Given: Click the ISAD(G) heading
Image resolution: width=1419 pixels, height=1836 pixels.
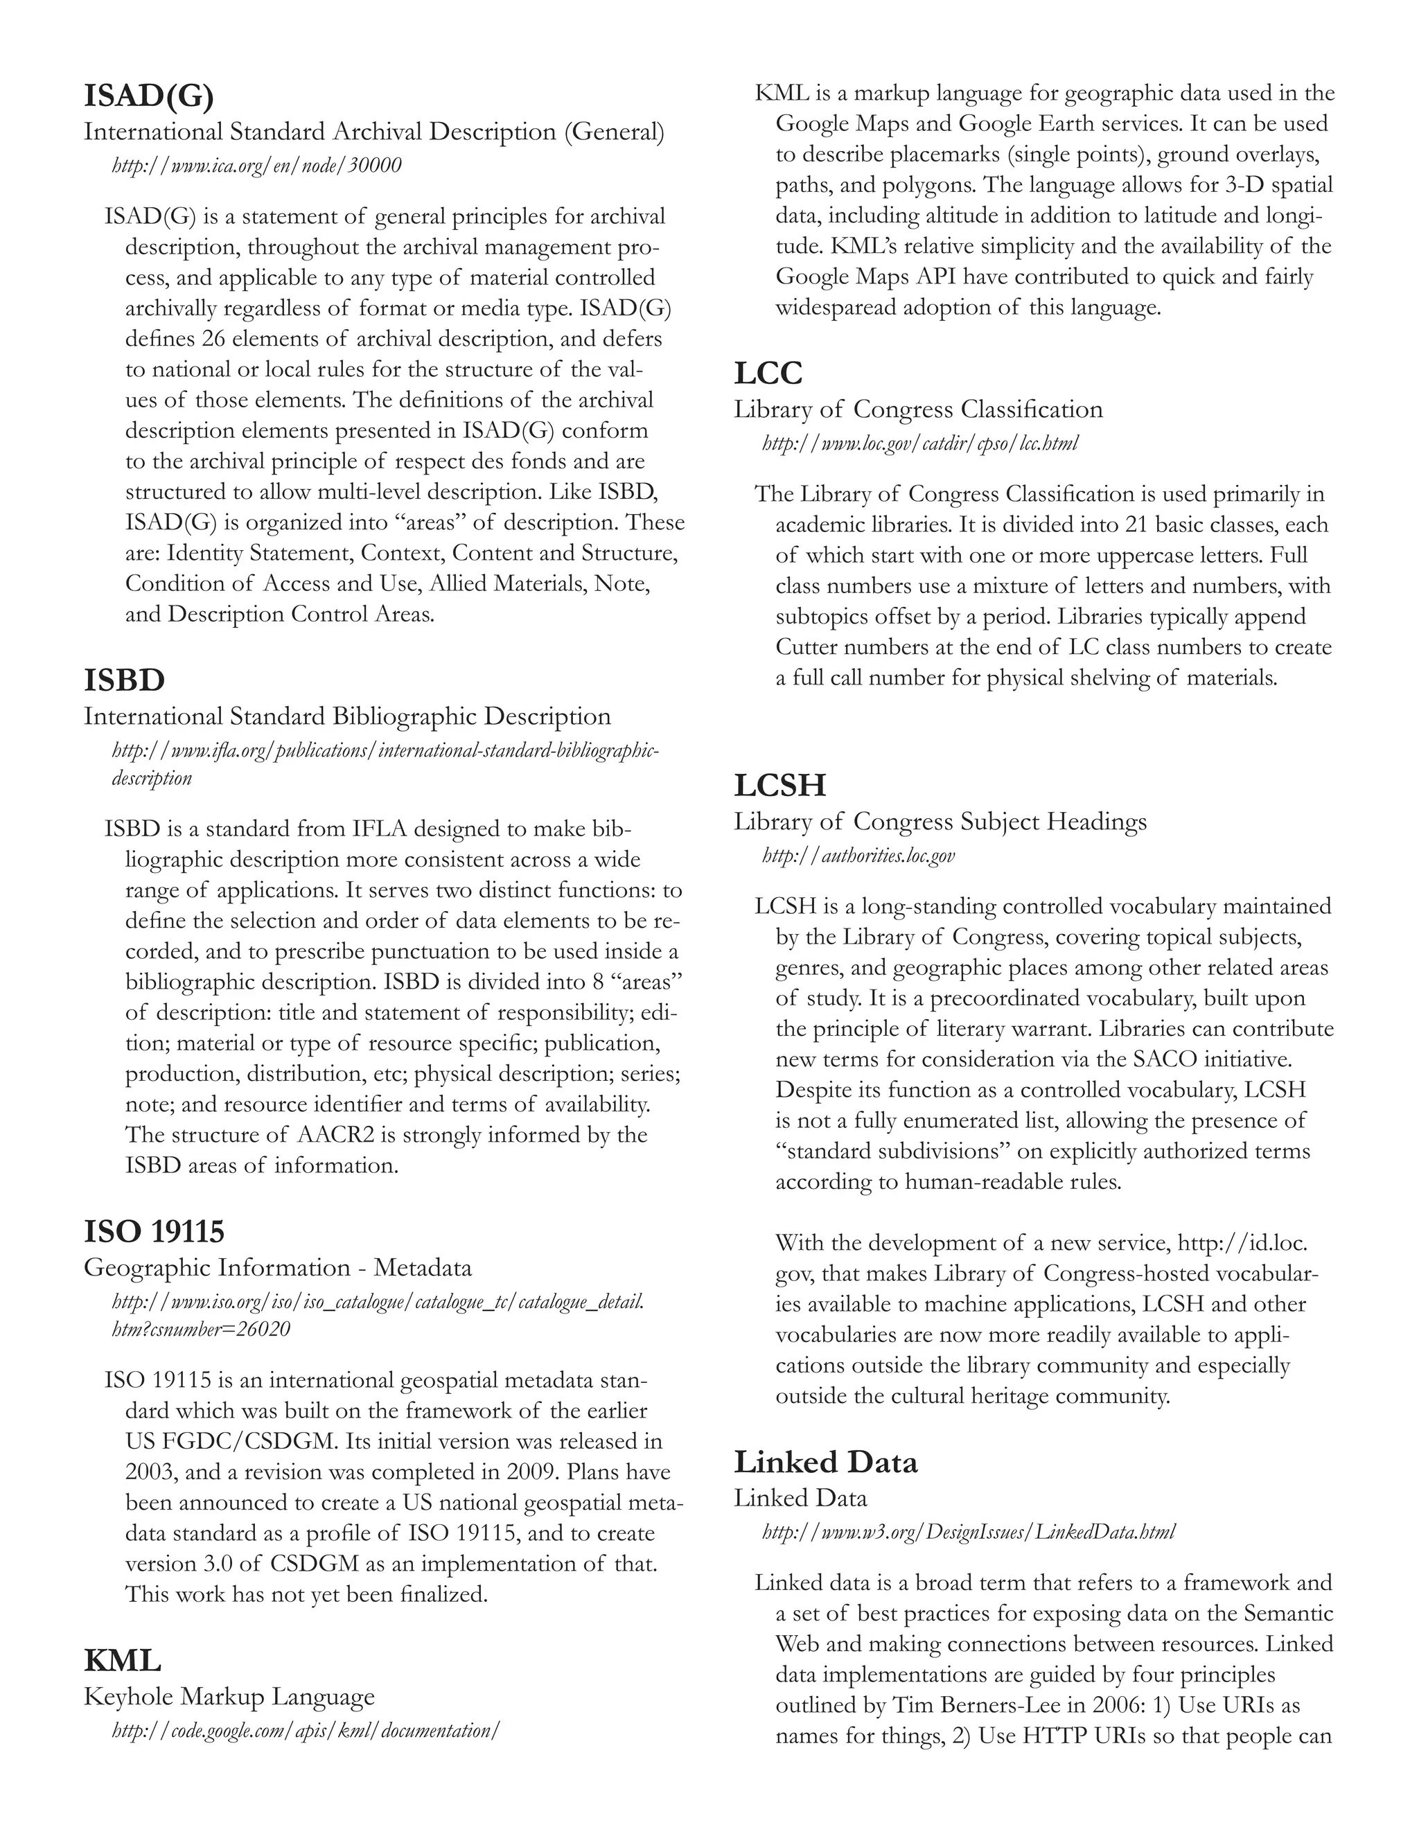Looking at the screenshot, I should pos(149,97).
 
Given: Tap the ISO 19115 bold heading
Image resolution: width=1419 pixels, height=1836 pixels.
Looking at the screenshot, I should pos(154,1232).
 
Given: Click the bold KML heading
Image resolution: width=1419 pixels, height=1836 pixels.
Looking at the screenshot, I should pos(123,1660).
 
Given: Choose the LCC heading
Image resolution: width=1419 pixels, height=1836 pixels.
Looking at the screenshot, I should pos(768,373).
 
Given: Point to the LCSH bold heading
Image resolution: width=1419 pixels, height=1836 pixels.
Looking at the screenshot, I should pos(780,785).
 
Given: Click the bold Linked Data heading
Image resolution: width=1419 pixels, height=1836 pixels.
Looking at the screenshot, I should pos(825,1462).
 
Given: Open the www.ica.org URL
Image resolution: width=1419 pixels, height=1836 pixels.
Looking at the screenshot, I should pos(256,166).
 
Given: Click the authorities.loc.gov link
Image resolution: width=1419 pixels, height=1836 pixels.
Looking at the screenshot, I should pos(858,856).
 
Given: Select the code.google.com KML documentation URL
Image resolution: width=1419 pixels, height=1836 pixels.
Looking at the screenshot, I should pos(306,1730).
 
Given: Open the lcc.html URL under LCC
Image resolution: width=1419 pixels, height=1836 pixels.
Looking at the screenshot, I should pos(919,443).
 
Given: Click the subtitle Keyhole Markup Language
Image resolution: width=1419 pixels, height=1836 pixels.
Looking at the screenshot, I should pos(229,1697).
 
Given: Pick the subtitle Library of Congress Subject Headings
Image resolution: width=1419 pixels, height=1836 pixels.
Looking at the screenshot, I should pos(940,821).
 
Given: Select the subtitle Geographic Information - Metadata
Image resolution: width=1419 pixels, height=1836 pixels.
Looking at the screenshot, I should pos(277,1268).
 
